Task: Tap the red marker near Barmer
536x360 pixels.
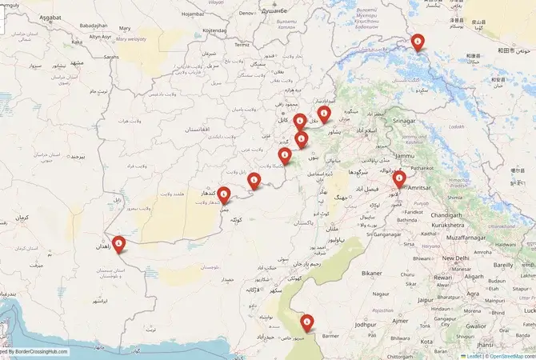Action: click(306, 323)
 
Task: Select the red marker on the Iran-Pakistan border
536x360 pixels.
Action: click(119, 243)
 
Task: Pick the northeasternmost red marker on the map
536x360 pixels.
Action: click(417, 42)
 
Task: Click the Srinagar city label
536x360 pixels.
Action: click(405, 121)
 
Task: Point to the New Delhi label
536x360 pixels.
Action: click(456, 258)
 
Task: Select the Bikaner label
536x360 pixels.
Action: click(372, 273)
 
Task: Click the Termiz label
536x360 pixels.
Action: click(242, 46)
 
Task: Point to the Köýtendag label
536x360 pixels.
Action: click(215, 30)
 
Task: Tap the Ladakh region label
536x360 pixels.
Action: click(456, 126)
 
